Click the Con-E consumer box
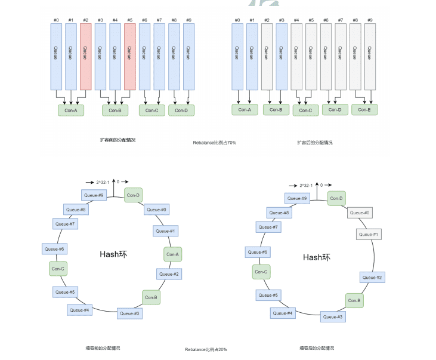pos(364,109)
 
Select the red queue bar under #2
pos(85,57)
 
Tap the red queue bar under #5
pos(129,57)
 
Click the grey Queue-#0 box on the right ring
pos(360,213)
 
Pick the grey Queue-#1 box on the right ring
pos(368,235)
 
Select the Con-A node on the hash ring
pos(172,254)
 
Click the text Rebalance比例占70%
pos(214,143)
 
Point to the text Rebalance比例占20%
pos(206,349)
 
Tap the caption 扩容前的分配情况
pos(117,140)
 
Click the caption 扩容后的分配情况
pos(315,143)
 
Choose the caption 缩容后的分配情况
pos(317,347)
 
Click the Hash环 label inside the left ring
pos(113,254)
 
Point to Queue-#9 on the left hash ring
pos(94,195)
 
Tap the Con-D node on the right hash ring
pos(336,199)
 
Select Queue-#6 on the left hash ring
pos(54,249)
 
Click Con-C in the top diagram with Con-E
pos(305,110)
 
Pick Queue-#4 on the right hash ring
pos(283,313)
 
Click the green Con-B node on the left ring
pos(151,297)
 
